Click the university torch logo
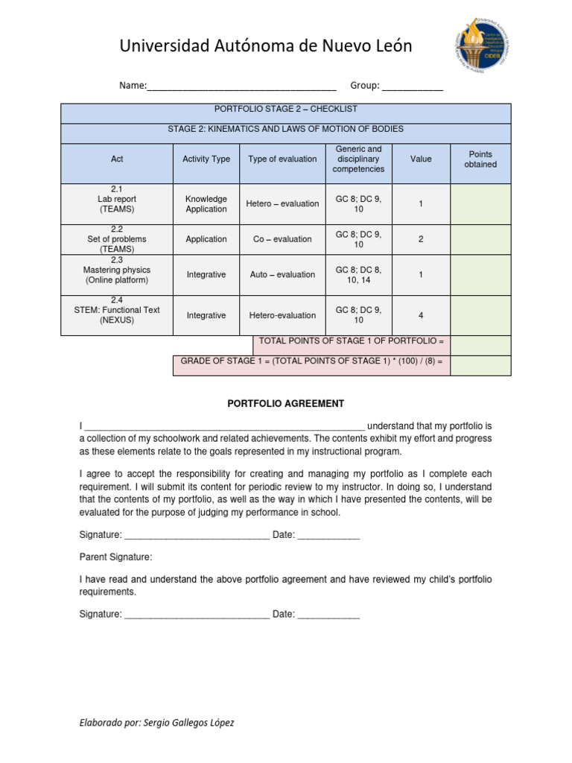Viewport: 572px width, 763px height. [x=483, y=49]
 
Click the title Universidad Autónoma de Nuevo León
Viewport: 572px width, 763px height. [x=266, y=47]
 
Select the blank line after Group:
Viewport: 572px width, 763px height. [x=412, y=86]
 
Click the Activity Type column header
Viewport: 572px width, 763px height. [x=206, y=159]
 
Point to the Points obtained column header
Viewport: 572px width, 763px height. [x=480, y=159]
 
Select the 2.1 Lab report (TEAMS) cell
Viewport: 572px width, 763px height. [x=117, y=200]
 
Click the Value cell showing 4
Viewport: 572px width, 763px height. [x=421, y=315]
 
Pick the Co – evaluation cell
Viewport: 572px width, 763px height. [x=282, y=239]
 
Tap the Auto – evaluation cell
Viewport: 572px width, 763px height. [x=282, y=275]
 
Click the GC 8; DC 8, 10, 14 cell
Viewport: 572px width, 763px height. [x=358, y=275]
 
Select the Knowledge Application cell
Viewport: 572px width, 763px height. [x=206, y=204]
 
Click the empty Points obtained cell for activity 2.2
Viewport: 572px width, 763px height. [x=480, y=239]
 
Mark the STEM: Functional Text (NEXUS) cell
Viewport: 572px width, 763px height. [x=117, y=311]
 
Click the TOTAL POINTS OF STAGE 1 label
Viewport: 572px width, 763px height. [x=351, y=341]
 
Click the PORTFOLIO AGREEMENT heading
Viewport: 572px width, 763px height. [x=285, y=404]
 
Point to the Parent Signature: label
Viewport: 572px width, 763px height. [x=116, y=557]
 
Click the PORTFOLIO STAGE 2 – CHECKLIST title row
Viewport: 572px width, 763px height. [x=285, y=109]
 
